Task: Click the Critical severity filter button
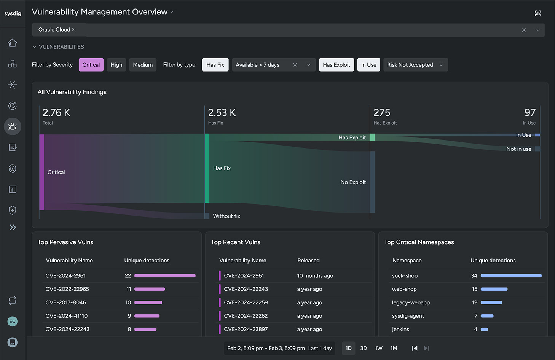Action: coord(91,65)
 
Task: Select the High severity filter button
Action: coord(116,65)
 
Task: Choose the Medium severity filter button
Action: coord(143,65)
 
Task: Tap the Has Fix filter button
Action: coord(215,65)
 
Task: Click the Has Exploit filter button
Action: coord(337,65)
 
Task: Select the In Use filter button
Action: coord(368,65)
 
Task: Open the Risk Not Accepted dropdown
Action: coord(415,65)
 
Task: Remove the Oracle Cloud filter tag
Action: coord(74,30)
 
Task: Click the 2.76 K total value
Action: coord(56,113)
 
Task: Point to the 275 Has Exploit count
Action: coord(382,113)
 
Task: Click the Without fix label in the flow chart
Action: coord(226,216)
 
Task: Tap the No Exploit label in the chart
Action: coord(353,182)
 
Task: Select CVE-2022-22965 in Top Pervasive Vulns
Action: coord(67,289)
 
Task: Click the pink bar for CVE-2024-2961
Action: coord(165,275)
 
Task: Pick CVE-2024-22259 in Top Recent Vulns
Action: coord(246,302)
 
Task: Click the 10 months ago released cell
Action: coord(315,276)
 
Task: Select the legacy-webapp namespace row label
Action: coord(411,302)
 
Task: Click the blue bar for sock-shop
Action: coord(511,275)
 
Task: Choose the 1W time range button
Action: coord(379,348)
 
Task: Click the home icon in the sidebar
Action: coord(13,43)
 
